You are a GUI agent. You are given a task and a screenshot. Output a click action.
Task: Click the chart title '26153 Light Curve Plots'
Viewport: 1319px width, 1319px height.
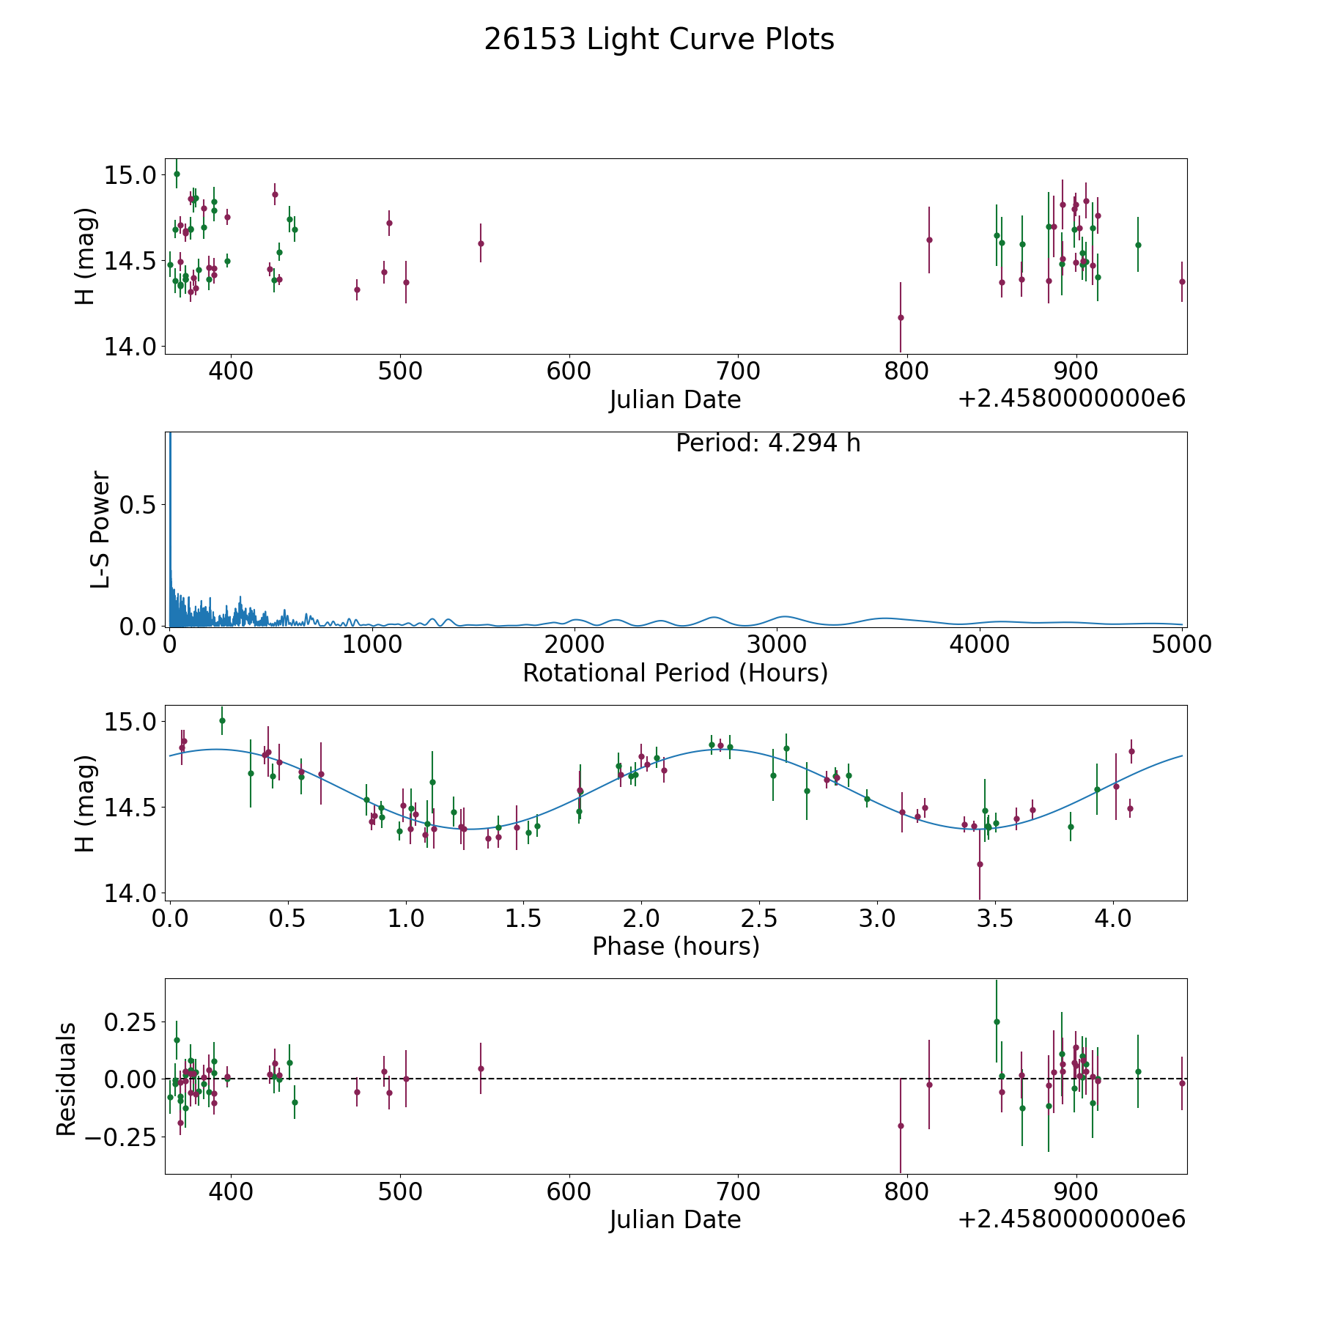pos(659,40)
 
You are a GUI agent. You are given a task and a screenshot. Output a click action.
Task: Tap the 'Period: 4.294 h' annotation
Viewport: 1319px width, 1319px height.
pos(768,443)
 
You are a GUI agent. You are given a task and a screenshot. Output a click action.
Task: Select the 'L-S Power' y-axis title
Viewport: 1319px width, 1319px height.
pos(100,529)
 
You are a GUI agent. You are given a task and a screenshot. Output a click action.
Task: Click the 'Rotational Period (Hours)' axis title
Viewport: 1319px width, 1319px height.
pos(675,673)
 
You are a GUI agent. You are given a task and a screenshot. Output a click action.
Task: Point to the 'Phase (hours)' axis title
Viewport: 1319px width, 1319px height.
pos(676,946)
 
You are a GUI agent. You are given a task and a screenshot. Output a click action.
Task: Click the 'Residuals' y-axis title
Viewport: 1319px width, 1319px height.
pos(67,1079)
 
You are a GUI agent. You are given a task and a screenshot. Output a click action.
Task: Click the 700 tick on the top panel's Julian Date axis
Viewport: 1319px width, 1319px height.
pos(738,372)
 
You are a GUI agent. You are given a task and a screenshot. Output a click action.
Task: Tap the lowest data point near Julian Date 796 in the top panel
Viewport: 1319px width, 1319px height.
pos(901,317)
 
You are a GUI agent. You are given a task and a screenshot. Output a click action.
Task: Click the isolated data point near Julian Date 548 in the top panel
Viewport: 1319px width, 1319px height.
pos(481,243)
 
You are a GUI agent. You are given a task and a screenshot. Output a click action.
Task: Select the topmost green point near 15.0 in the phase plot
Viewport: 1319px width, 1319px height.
pos(222,720)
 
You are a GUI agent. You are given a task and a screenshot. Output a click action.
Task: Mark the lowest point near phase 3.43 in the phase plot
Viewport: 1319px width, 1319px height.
pos(980,864)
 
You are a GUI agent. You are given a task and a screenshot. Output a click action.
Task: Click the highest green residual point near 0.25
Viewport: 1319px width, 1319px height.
pos(997,1021)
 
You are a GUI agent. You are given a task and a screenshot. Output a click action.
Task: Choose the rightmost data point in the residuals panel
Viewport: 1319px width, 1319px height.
pos(1182,1083)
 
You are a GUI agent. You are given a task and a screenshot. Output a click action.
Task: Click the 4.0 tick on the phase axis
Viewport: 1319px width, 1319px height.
pos(1113,918)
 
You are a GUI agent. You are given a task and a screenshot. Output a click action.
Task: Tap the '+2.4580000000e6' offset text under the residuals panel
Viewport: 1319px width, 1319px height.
pos(1071,1219)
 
